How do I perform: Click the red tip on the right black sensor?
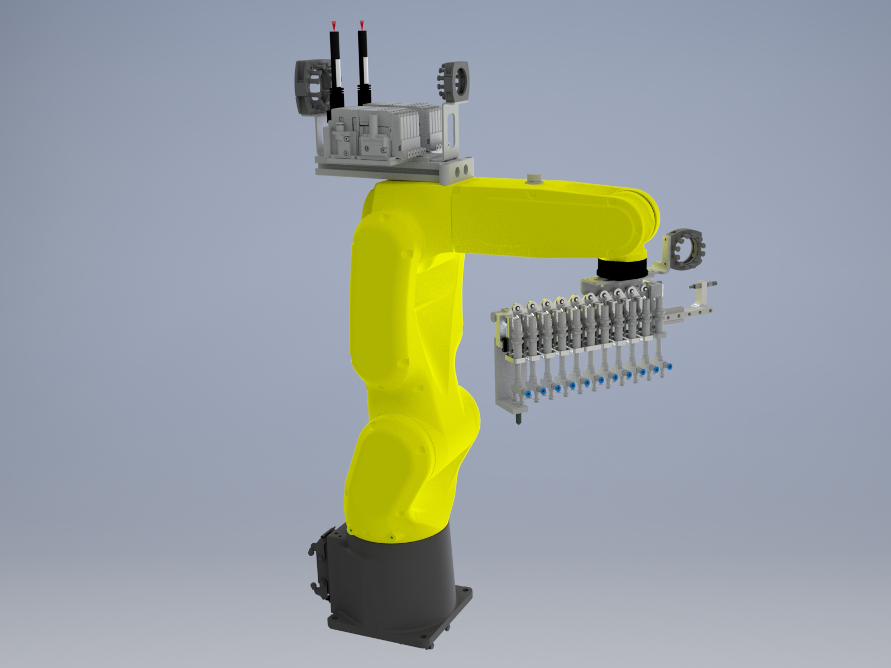pyautogui.click(x=361, y=25)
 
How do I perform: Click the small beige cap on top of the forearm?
pyautogui.click(x=534, y=179)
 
